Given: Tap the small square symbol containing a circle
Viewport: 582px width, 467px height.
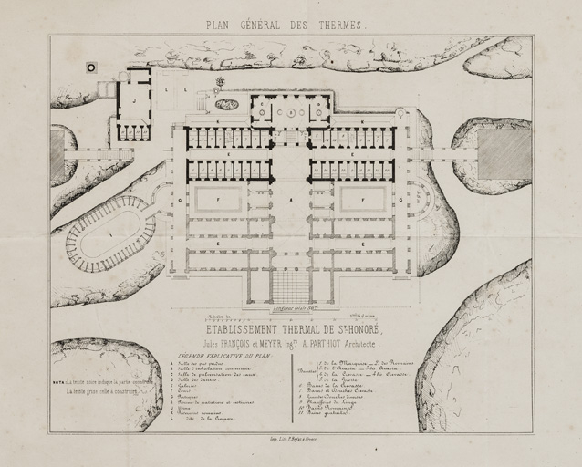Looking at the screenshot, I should pos(91,67).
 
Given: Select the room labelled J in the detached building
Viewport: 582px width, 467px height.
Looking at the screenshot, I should pos(135,99).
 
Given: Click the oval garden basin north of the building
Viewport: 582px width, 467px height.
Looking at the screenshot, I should pos(227,105).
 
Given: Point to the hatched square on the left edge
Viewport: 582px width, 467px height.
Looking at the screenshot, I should pos(57,154).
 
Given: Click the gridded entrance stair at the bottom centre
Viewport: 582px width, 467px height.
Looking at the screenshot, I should pos(290,287).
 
